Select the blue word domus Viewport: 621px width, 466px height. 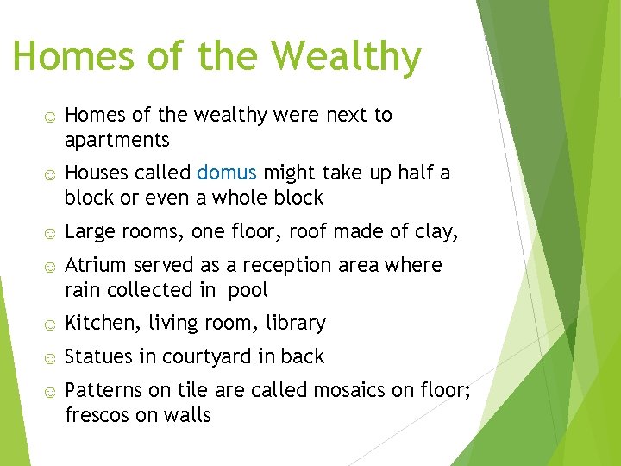228,173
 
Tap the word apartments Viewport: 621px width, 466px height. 117,140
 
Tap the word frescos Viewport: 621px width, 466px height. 97,415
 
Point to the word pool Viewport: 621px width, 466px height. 248,290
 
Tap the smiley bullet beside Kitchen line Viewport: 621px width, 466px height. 51,324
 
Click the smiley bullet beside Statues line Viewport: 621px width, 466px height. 51,357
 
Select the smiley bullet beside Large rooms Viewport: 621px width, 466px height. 51,232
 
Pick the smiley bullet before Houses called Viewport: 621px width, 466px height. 51,173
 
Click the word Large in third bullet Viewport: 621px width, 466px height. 90,231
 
